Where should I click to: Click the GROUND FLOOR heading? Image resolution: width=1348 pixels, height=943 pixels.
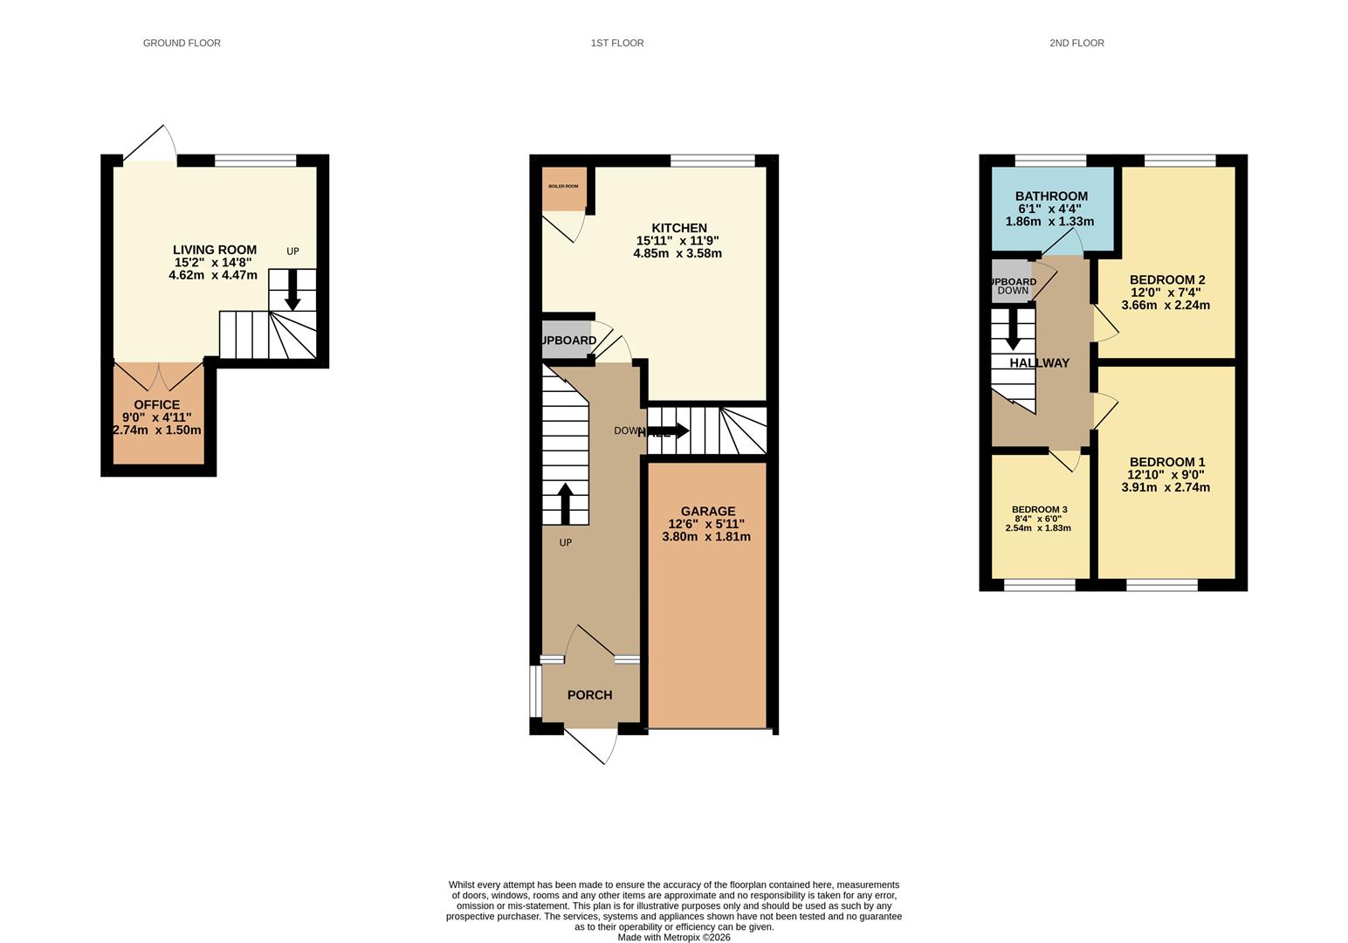click(x=182, y=43)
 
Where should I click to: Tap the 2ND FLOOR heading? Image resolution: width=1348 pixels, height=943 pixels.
click(x=1076, y=43)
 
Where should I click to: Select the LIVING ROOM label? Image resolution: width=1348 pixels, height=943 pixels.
click(x=214, y=250)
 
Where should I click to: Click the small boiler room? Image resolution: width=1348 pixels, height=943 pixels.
click(x=563, y=189)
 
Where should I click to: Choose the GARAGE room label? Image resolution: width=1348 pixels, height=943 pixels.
click(x=707, y=512)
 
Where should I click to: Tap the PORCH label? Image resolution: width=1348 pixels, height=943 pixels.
click(x=590, y=695)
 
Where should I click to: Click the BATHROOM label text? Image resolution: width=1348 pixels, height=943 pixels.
click(x=1051, y=196)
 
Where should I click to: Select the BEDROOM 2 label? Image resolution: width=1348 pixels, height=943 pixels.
click(x=1167, y=280)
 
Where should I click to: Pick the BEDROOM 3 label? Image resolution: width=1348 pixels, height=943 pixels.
click(x=1039, y=510)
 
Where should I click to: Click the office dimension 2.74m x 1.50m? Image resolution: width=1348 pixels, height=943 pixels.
click(x=157, y=430)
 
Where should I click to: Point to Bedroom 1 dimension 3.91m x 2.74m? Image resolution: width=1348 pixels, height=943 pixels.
click(x=1166, y=487)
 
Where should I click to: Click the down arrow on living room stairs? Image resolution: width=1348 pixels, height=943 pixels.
click(x=292, y=290)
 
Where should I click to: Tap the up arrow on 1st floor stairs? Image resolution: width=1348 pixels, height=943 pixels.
click(x=565, y=503)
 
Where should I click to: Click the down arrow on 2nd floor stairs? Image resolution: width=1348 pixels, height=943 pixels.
click(x=1013, y=329)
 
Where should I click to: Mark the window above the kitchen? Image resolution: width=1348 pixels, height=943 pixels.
click(x=712, y=161)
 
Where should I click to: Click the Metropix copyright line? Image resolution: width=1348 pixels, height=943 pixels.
click(x=674, y=938)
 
